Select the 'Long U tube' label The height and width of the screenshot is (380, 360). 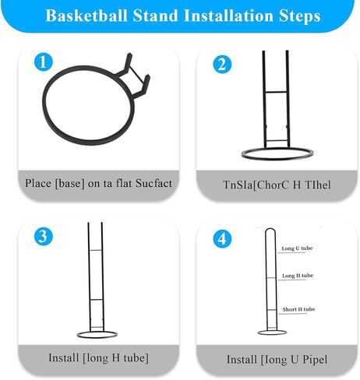[297, 248]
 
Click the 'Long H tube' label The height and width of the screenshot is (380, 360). [297, 276]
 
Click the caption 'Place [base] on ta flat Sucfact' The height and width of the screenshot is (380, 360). [98, 183]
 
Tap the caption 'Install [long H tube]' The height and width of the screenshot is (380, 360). [97, 357]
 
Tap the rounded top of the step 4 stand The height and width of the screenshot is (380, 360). [270, 232]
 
